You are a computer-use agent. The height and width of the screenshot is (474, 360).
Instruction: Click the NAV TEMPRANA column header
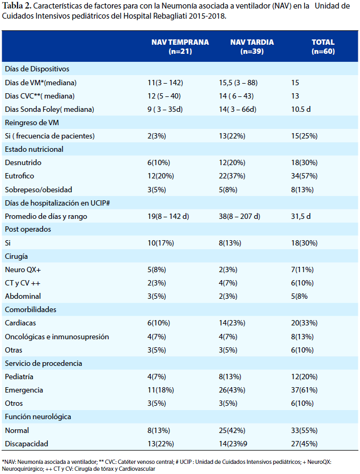[x=180, y=46]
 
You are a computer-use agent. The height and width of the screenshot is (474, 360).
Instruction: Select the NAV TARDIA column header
[x=252, y=46]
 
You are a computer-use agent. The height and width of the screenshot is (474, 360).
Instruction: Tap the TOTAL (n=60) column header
[x=323, y=46]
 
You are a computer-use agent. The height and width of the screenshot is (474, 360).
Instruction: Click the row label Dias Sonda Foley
[x=50, y=109]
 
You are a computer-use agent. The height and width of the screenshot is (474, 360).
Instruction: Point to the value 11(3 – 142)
[x=165, y=83]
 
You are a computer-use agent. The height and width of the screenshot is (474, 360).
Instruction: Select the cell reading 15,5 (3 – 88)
[x=238, y=83]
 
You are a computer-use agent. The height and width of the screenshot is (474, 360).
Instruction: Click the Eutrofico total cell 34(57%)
[x=304, y=176]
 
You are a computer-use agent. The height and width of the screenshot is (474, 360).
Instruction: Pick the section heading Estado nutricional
[x=34, y=149]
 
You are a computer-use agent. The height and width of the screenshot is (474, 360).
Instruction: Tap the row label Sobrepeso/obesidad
[x=38, y=190]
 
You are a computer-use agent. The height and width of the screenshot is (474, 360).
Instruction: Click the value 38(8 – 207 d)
[x=240, y=216]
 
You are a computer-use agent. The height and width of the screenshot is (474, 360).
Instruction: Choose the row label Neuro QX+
[x=23, y=269]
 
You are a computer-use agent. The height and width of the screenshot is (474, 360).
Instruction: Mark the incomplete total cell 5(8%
[x=299, y=296]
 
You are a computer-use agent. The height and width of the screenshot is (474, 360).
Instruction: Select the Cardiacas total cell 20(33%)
[x=304, y=323]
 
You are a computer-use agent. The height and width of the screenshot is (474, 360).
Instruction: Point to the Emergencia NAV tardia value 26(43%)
[x=232, y=390]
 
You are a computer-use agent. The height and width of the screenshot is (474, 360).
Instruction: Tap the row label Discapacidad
[x=27, y=444]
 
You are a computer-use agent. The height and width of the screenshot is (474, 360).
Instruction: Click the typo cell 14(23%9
[x=233, y=444]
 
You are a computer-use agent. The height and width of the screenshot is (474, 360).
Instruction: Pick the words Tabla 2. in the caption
[x=17, y=6]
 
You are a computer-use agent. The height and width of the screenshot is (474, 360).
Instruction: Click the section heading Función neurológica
[x=38, y=416]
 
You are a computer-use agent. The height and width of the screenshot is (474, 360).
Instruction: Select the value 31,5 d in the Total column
[x=301, y=216]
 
